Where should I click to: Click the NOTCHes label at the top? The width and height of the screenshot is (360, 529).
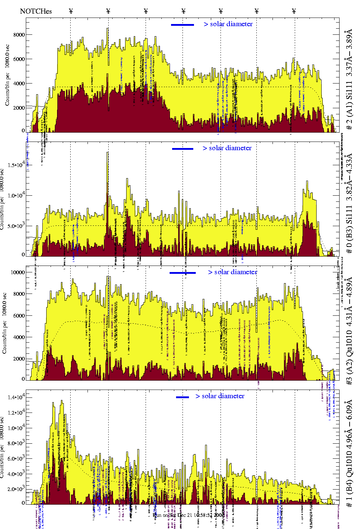36,11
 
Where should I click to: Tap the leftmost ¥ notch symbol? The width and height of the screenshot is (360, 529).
71,11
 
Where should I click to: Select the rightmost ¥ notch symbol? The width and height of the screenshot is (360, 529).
294,11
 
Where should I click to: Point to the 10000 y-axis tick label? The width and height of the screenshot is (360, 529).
18,272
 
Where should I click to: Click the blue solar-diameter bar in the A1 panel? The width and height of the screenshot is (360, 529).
183,25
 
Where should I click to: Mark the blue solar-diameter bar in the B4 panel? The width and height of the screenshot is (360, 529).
183,397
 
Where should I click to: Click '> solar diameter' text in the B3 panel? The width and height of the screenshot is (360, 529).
227,148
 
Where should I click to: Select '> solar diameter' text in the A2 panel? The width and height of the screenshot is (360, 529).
232,272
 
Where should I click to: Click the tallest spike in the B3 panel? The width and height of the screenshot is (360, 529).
108,153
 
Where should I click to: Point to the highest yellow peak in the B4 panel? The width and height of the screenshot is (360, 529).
62,401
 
